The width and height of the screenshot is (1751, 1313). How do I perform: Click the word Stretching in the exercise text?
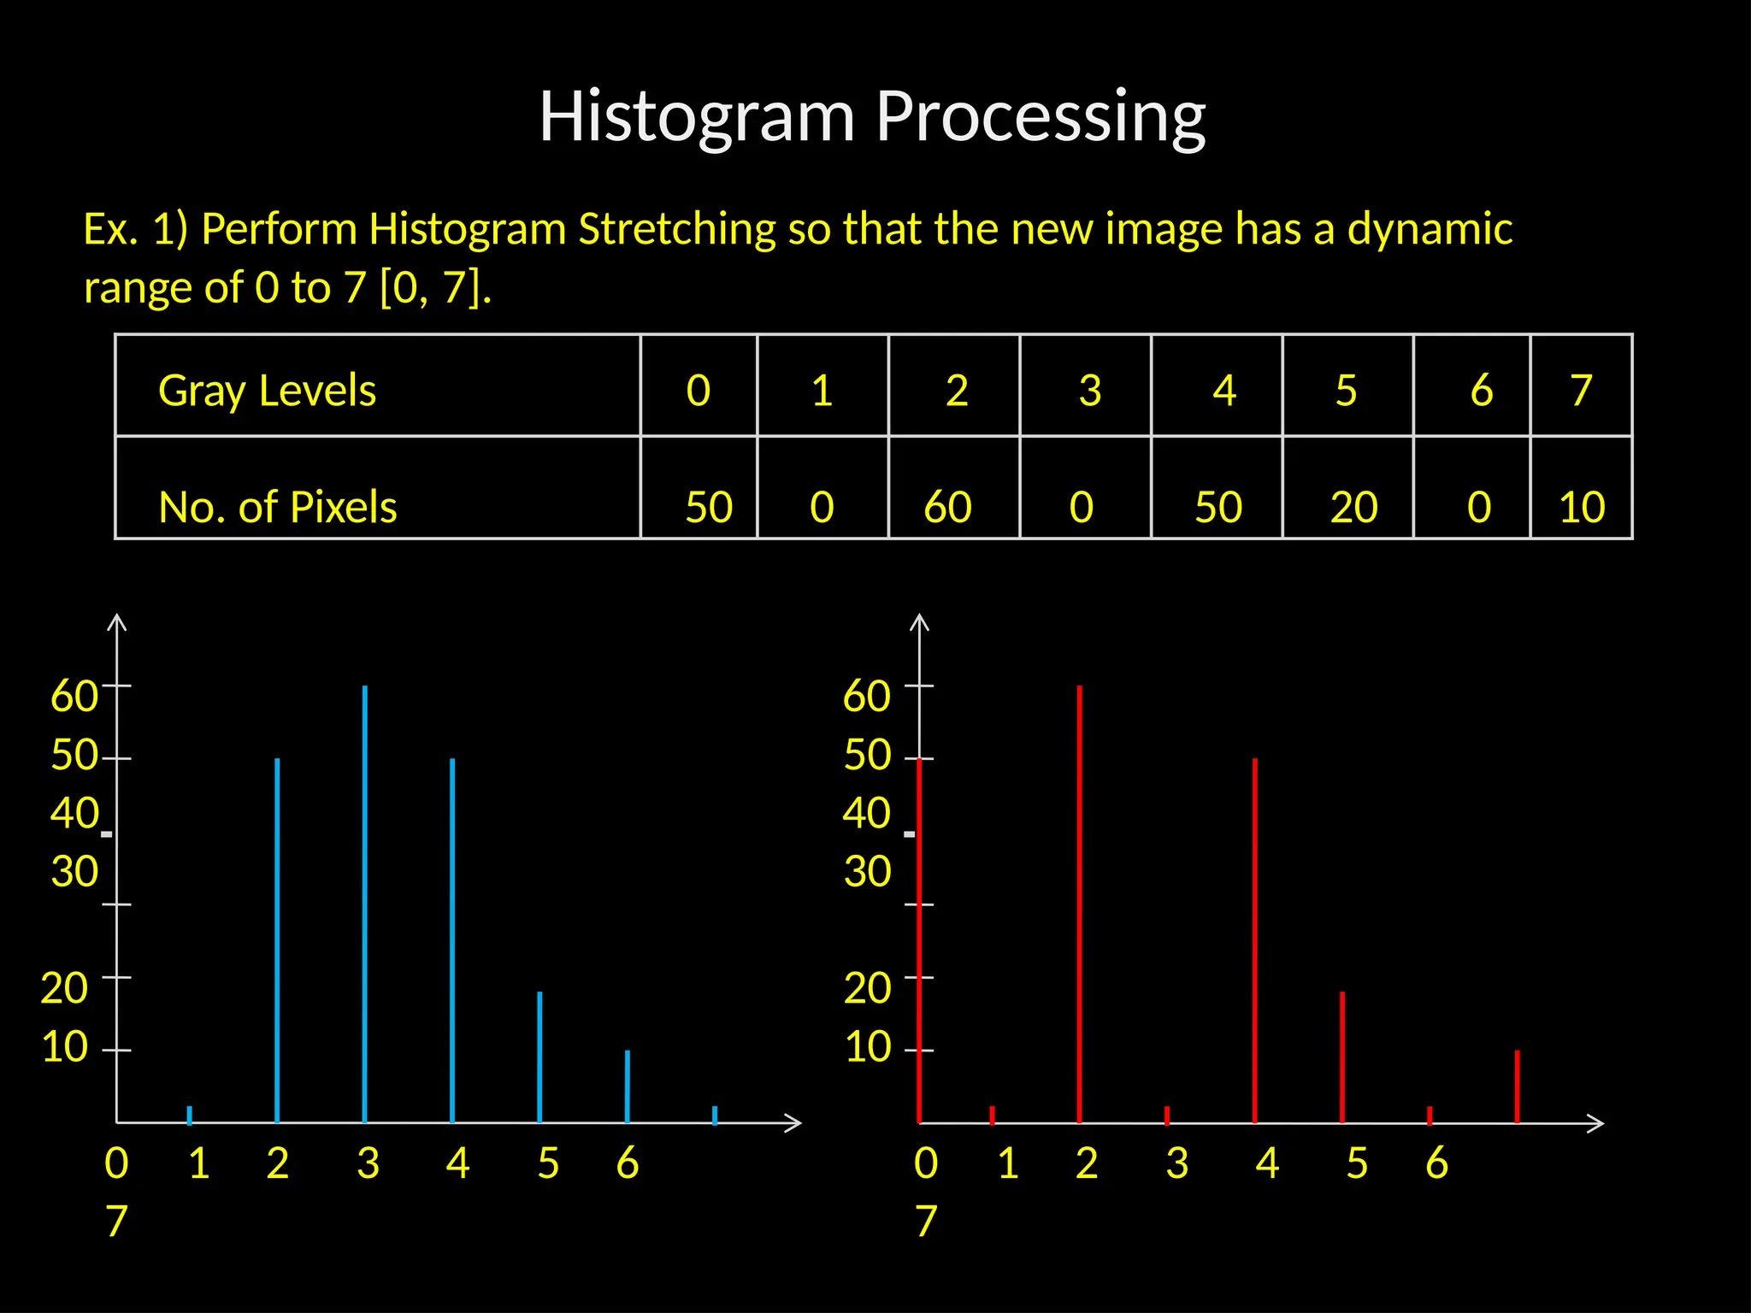[676, 229]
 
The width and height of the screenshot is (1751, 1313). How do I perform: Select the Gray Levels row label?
[267, 391]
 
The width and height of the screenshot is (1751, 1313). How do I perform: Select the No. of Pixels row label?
[278, 507]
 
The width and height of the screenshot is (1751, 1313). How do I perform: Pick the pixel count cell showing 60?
[947, 507]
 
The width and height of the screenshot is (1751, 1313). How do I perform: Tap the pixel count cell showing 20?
[1353, 507]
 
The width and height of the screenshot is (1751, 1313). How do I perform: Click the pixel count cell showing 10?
[1582, 507]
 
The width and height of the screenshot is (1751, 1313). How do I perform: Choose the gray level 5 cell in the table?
[1346, 391]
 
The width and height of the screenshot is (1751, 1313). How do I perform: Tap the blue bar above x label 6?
[628, 1086]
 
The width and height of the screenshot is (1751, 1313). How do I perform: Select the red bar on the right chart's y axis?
[919, 940]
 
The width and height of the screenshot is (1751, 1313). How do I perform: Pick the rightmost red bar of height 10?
[1517, 1086]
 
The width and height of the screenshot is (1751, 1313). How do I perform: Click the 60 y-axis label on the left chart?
[74, 696]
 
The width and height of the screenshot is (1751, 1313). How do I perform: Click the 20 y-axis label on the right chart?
[867, 988]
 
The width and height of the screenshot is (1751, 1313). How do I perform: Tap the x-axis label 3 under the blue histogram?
[368, 1163]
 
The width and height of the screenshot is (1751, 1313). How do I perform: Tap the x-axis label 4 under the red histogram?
[1266, 1163]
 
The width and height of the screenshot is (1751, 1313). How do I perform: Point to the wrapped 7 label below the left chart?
[116, 1221]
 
